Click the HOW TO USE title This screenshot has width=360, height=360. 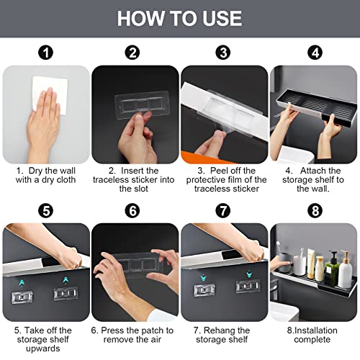pos(179,19)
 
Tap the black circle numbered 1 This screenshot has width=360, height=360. pos(45,53)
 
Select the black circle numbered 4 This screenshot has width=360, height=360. pos(315,53)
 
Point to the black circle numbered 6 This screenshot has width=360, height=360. pos(132,211)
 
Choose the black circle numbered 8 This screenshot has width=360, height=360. pos(315,211)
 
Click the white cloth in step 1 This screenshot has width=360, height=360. pos(51,94)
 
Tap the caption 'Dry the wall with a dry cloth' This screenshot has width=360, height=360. pos(45,175)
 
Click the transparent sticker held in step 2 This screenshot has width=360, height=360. pos(142,105)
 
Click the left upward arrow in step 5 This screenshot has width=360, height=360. pos(22,283)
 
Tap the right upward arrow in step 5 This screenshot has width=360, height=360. pos(66,280)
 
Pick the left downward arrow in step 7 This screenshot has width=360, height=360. pos(203,277)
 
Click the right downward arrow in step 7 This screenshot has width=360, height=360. pos(249,274)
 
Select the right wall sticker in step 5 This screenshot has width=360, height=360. pos(66,294)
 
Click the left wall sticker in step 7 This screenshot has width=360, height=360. pos(204,289)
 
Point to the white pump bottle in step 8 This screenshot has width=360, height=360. pos(345,270)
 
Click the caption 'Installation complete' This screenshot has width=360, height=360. pos(312,335)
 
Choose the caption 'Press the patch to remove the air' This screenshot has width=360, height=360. pos(132,335)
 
